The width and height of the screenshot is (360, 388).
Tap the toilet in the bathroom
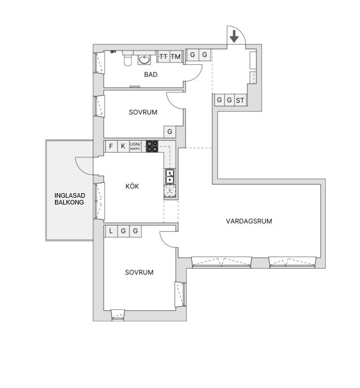click(x=128, y=60)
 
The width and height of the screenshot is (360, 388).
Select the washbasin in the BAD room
click(x=144, y=60)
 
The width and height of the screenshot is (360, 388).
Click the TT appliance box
click(x=163, y=56)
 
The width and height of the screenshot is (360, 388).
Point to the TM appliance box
click(x=176, y=56)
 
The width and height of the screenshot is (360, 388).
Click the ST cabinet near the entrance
click(x=240, y=100)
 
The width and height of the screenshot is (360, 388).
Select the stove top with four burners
click(x=152, y=146)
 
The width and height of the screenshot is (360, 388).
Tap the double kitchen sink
click(x=170, y=177)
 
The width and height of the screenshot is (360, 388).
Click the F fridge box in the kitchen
click(x=111, y=146)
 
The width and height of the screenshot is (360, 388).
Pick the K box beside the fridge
click(x=123, y=146)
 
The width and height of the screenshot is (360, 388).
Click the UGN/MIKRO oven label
click(x=135, y=146)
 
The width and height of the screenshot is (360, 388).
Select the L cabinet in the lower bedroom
click(x=111, y=231)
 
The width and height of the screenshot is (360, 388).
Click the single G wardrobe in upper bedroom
click(x=170, y=132)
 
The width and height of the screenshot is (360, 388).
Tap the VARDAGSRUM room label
click(x=249, y=221)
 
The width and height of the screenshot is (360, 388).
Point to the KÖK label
click(x=132, y=186)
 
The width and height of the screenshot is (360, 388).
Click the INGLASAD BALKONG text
click(x=69, y=199)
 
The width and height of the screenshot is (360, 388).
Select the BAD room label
click(x=151, y=74)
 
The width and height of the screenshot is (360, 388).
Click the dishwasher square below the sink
click(x=170, y=191)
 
